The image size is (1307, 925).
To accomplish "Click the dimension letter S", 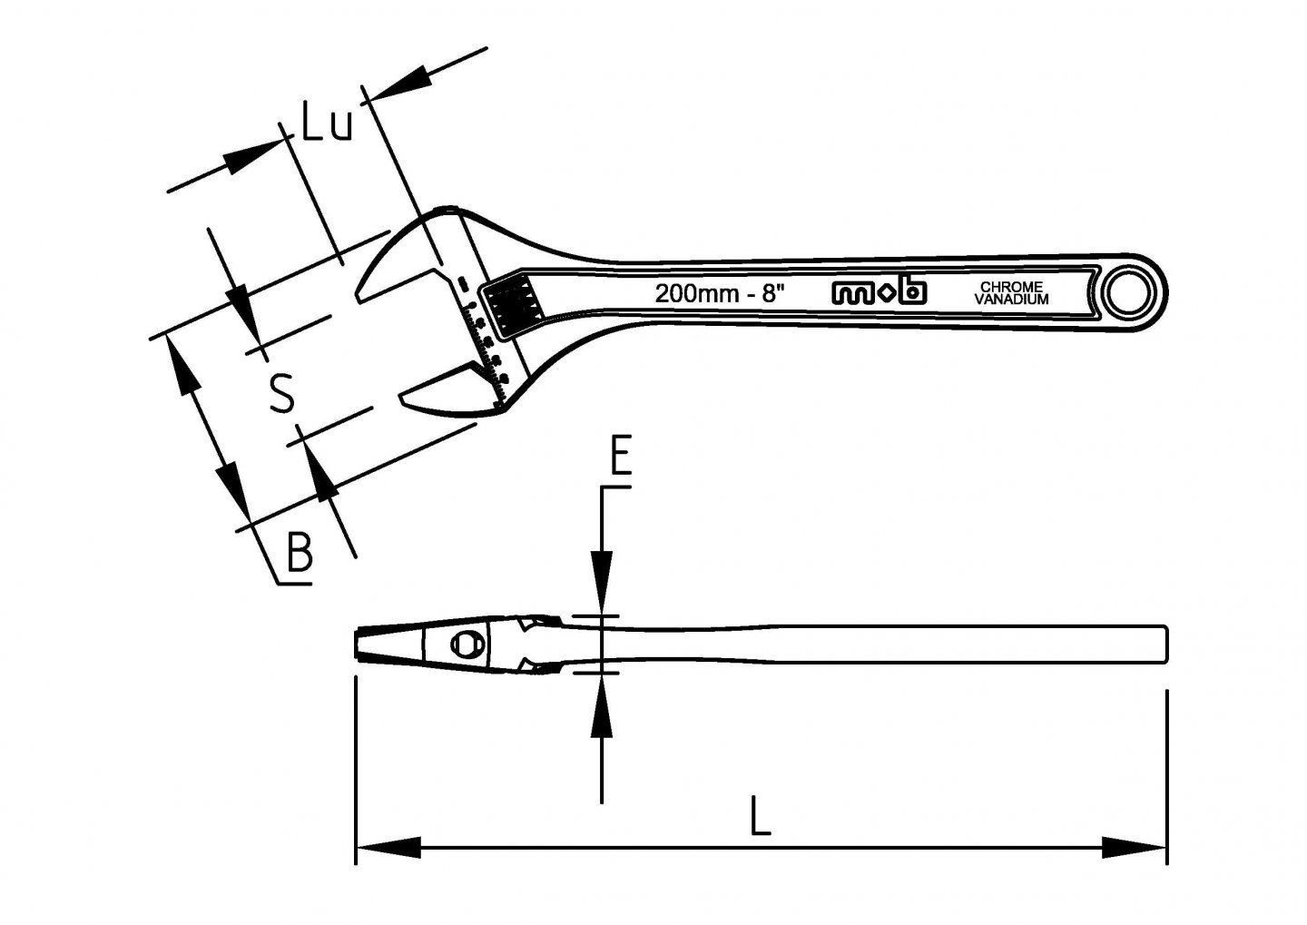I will (x=283, y=392).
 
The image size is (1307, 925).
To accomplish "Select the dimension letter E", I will (x=620, y=456).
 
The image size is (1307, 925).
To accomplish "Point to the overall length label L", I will (x=760, y=815).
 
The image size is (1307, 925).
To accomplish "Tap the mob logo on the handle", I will (x=879, y=291).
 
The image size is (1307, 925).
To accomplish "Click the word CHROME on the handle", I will (x=1011, y=287).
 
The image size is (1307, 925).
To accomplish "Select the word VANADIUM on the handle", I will (x=1011, y=300).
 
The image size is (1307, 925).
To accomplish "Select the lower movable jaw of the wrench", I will (x=445, y=394).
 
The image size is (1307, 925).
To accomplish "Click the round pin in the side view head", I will (x=467, y=645).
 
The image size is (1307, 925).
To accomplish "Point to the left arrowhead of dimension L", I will (x=386, y=850).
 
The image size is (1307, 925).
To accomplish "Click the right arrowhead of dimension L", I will (x=1135, y=850).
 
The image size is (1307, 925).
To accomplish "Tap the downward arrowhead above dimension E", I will (x=601, y=581).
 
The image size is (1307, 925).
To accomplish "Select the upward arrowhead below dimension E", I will (x=601, y=708).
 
